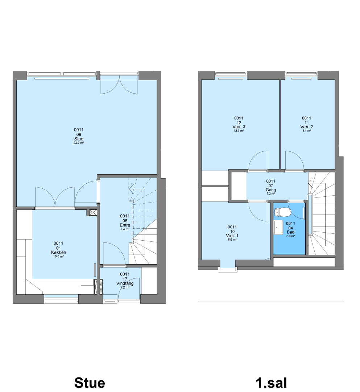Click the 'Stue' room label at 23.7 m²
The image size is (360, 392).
pos(79,139)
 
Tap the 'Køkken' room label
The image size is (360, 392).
pos(58,252)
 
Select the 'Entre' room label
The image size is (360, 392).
pos(125,225)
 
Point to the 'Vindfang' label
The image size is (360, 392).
pos(125,283)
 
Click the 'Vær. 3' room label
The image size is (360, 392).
pos(239,127)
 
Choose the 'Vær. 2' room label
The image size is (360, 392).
pos(307,127)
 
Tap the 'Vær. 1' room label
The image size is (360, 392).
pos(232,236)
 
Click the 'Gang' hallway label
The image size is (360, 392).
pos(270,190)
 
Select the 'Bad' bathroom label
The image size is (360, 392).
pos(291,232)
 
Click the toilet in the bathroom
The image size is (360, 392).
pos(282,212)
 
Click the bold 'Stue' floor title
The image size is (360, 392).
pos(90,383)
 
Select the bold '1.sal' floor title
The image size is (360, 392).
pos(271,383)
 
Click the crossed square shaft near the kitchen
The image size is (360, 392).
pos(93,213)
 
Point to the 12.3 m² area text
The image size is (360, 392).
pos(239,131)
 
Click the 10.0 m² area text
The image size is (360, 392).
pos(58,256)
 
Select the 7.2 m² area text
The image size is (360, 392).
pos(270,194)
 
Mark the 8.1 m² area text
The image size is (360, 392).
pos(307,131)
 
